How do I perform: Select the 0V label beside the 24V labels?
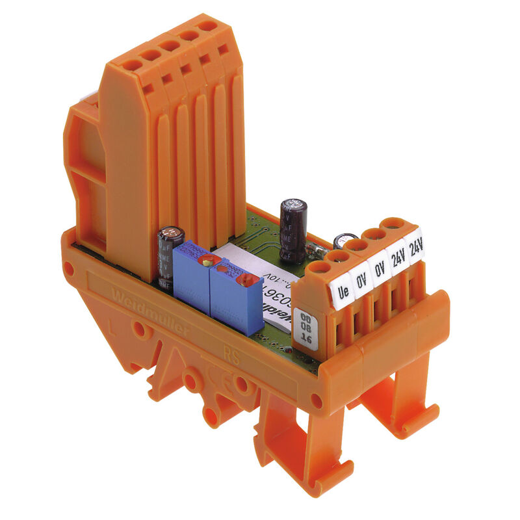pyautogui.click(x=379, y=268)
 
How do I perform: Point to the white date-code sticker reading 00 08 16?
pyautogui.click(x=306, y=328)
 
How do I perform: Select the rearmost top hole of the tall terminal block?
pyautogui.click(x=207, y=27)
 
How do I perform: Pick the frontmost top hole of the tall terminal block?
pyautogui.click(x=131, y=65)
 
